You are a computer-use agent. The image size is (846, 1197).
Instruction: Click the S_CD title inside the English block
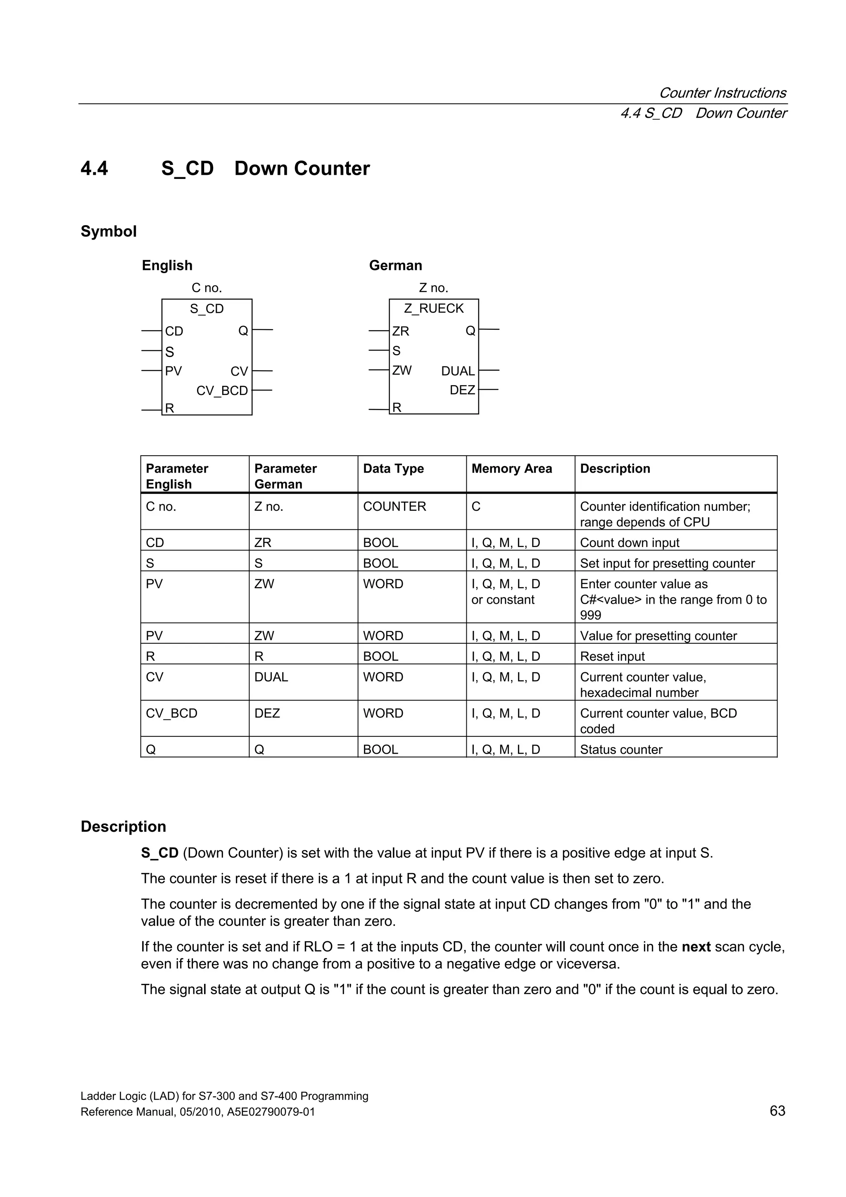pyautogui.click(x=207, y=309)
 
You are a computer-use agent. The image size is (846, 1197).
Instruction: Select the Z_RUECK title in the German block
pyautogui.click(x=434, y=309)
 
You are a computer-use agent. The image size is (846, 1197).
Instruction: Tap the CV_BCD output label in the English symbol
pyautogui.click(x=222, y=390)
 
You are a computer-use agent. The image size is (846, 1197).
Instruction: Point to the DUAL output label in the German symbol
pyautogui.click(x=458, y=371)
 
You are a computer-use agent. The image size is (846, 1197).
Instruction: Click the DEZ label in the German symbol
pyautogui.click(x=462, y=390)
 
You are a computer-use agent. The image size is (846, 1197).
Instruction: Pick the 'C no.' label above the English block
pyautogui.click(x=207, y=288)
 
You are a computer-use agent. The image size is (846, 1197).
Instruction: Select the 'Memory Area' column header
pyautogui.click(x=511, y=469)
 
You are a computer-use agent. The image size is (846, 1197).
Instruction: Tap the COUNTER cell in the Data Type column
pyautogui.click(x=394, y=506)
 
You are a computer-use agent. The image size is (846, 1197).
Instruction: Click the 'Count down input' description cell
pyautogui.click(x=629, y=543)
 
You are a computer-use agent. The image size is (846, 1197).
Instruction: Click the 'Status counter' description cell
pyautogui.click(x=621, y=750)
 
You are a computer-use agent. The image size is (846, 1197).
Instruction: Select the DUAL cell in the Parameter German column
pyautogui.click(x=271, y=677)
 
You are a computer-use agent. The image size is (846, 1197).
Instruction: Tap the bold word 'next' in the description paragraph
pyautogui.click(x=696, y=947)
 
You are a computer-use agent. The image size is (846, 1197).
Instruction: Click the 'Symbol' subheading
pyautogui.click(x=108, y=231)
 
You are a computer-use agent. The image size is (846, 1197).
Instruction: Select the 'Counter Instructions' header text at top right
pyautogui.click(x=722, y=93)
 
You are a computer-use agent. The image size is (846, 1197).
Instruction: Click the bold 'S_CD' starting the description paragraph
pyautogui.click(x=159, y=853)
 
